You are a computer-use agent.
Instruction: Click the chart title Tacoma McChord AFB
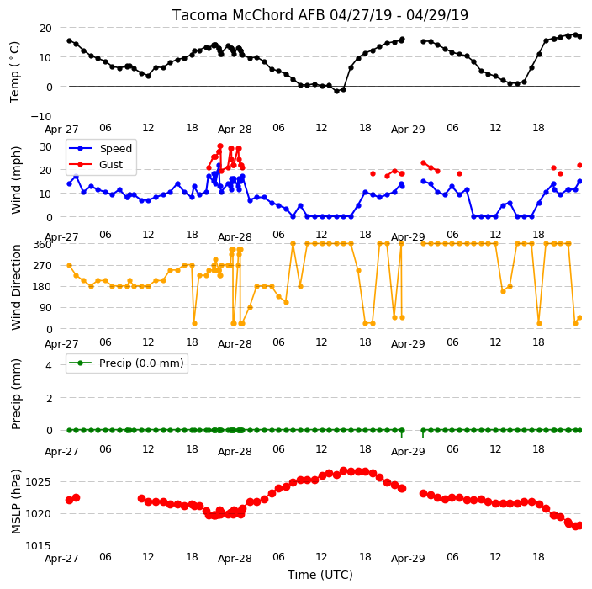pos(250,15)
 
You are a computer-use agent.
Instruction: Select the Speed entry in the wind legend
pos(115,148)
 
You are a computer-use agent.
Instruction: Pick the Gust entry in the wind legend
pos(111,164)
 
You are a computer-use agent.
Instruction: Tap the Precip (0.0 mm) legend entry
pos(141,363)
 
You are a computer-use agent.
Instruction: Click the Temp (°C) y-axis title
pos(14,72)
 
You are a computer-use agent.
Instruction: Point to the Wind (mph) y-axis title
pos(16,180)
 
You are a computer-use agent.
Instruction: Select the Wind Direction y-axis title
pos(16,288)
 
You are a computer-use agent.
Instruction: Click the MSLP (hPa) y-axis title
pos(16,501)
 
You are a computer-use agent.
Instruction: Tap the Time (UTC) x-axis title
pos(320,575)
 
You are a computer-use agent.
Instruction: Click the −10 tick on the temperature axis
pos(40,116)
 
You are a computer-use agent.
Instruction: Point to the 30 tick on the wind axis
pos(45,146)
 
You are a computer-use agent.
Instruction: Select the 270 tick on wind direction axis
pos(42,266)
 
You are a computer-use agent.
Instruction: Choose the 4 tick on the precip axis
pos(49,365)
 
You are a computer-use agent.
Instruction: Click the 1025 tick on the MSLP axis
pos(38,481)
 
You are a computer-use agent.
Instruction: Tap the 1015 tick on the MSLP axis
pos(38,545)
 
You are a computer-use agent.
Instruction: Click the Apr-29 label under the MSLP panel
pos(408,559)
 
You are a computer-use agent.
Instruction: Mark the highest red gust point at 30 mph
pos(220,146)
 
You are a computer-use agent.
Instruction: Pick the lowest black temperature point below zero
pos(336,91)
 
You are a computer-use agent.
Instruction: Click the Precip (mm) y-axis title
pos(16,394)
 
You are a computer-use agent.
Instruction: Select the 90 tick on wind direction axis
pos(45,307)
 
